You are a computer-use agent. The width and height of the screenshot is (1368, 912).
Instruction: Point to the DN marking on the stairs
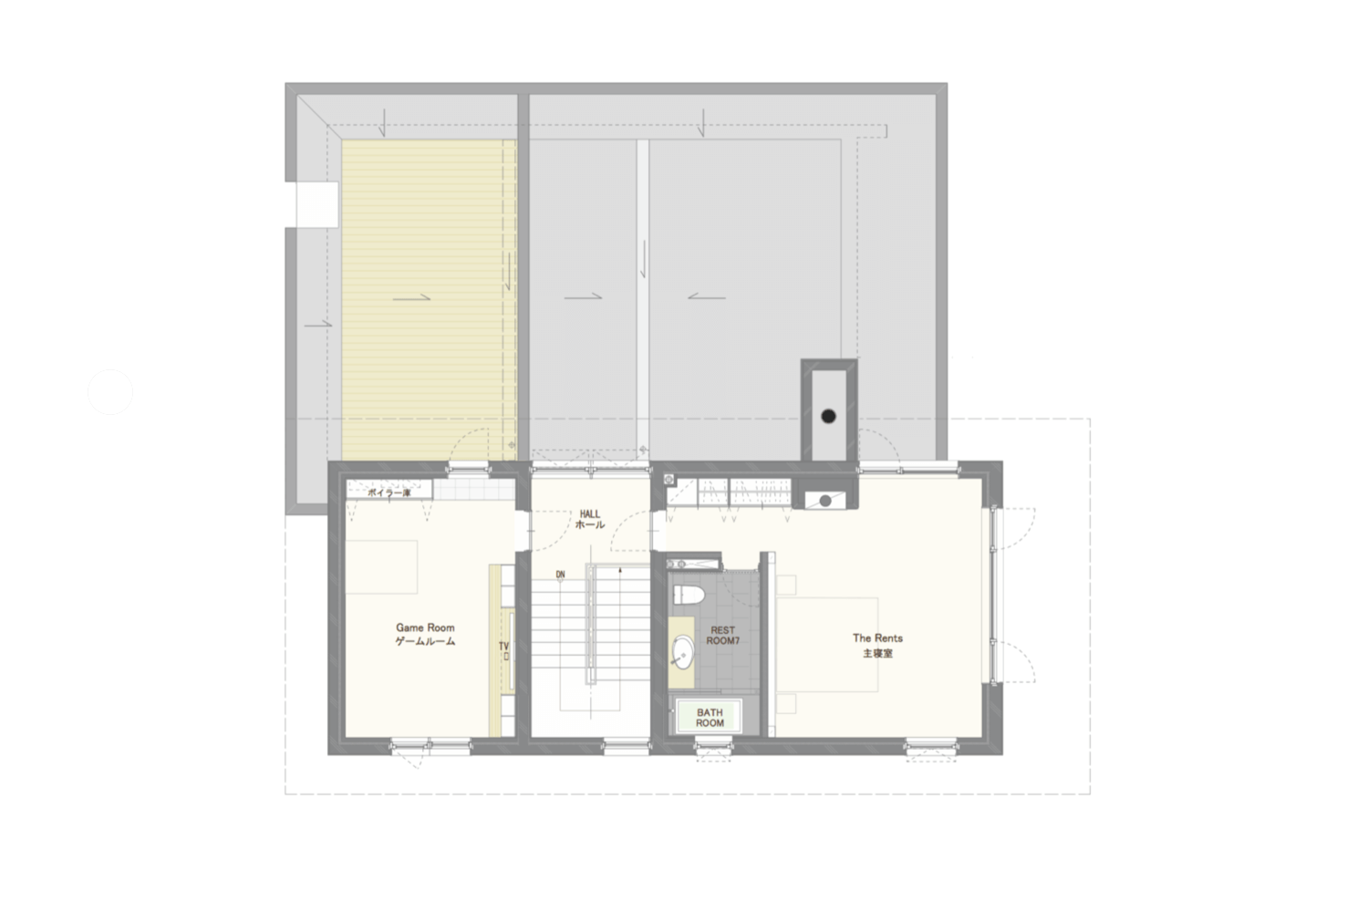560,575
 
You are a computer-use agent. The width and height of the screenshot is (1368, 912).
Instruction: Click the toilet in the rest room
690,596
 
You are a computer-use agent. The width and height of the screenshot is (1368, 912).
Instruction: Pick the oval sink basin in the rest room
681,652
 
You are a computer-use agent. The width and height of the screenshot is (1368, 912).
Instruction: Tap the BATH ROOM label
710,718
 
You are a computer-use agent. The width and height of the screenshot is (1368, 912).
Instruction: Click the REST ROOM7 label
721,636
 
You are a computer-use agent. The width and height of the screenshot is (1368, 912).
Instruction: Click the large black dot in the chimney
828,416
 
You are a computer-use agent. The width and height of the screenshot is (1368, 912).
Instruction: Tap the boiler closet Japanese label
389,493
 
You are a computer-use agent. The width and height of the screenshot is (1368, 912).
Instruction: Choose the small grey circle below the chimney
825,500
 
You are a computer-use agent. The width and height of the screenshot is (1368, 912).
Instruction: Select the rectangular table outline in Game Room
381,567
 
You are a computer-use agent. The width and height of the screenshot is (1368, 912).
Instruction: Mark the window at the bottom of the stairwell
627,748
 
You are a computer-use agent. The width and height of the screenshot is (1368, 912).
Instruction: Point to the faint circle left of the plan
110,392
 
